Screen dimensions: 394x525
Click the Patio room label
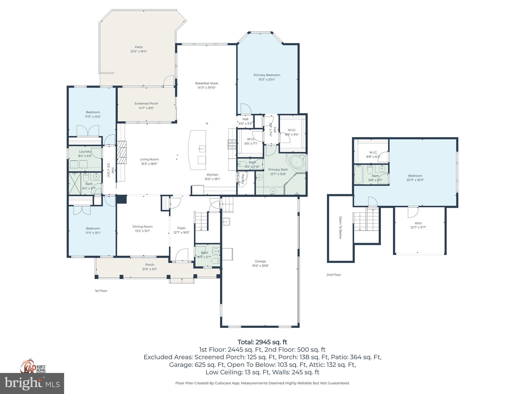(x=139, y=47)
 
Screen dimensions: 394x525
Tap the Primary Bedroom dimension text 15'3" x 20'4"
(x=267, y=80)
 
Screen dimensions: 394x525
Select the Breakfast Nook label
(x=206, y=83)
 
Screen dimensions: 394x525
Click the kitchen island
(x=197, y=150)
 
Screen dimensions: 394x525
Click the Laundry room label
(x=85, y=152)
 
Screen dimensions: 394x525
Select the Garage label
(x=260, y=261)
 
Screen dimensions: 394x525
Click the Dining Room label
(x=143, y=226)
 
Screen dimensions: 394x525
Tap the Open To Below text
(x=340, y=228)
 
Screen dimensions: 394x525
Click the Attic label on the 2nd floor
(x=418, y=223)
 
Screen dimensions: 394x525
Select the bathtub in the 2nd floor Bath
(x=359, y=175)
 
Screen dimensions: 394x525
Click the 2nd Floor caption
(x=334, y=275)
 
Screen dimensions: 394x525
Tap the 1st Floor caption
(x=101, y=291)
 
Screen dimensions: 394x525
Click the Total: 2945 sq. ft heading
(x=262, y=342)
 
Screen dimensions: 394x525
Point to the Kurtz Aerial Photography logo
(x=33, y=366)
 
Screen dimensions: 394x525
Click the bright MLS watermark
(x=32, y=383)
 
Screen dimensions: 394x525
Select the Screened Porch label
(x=146, y=104)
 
